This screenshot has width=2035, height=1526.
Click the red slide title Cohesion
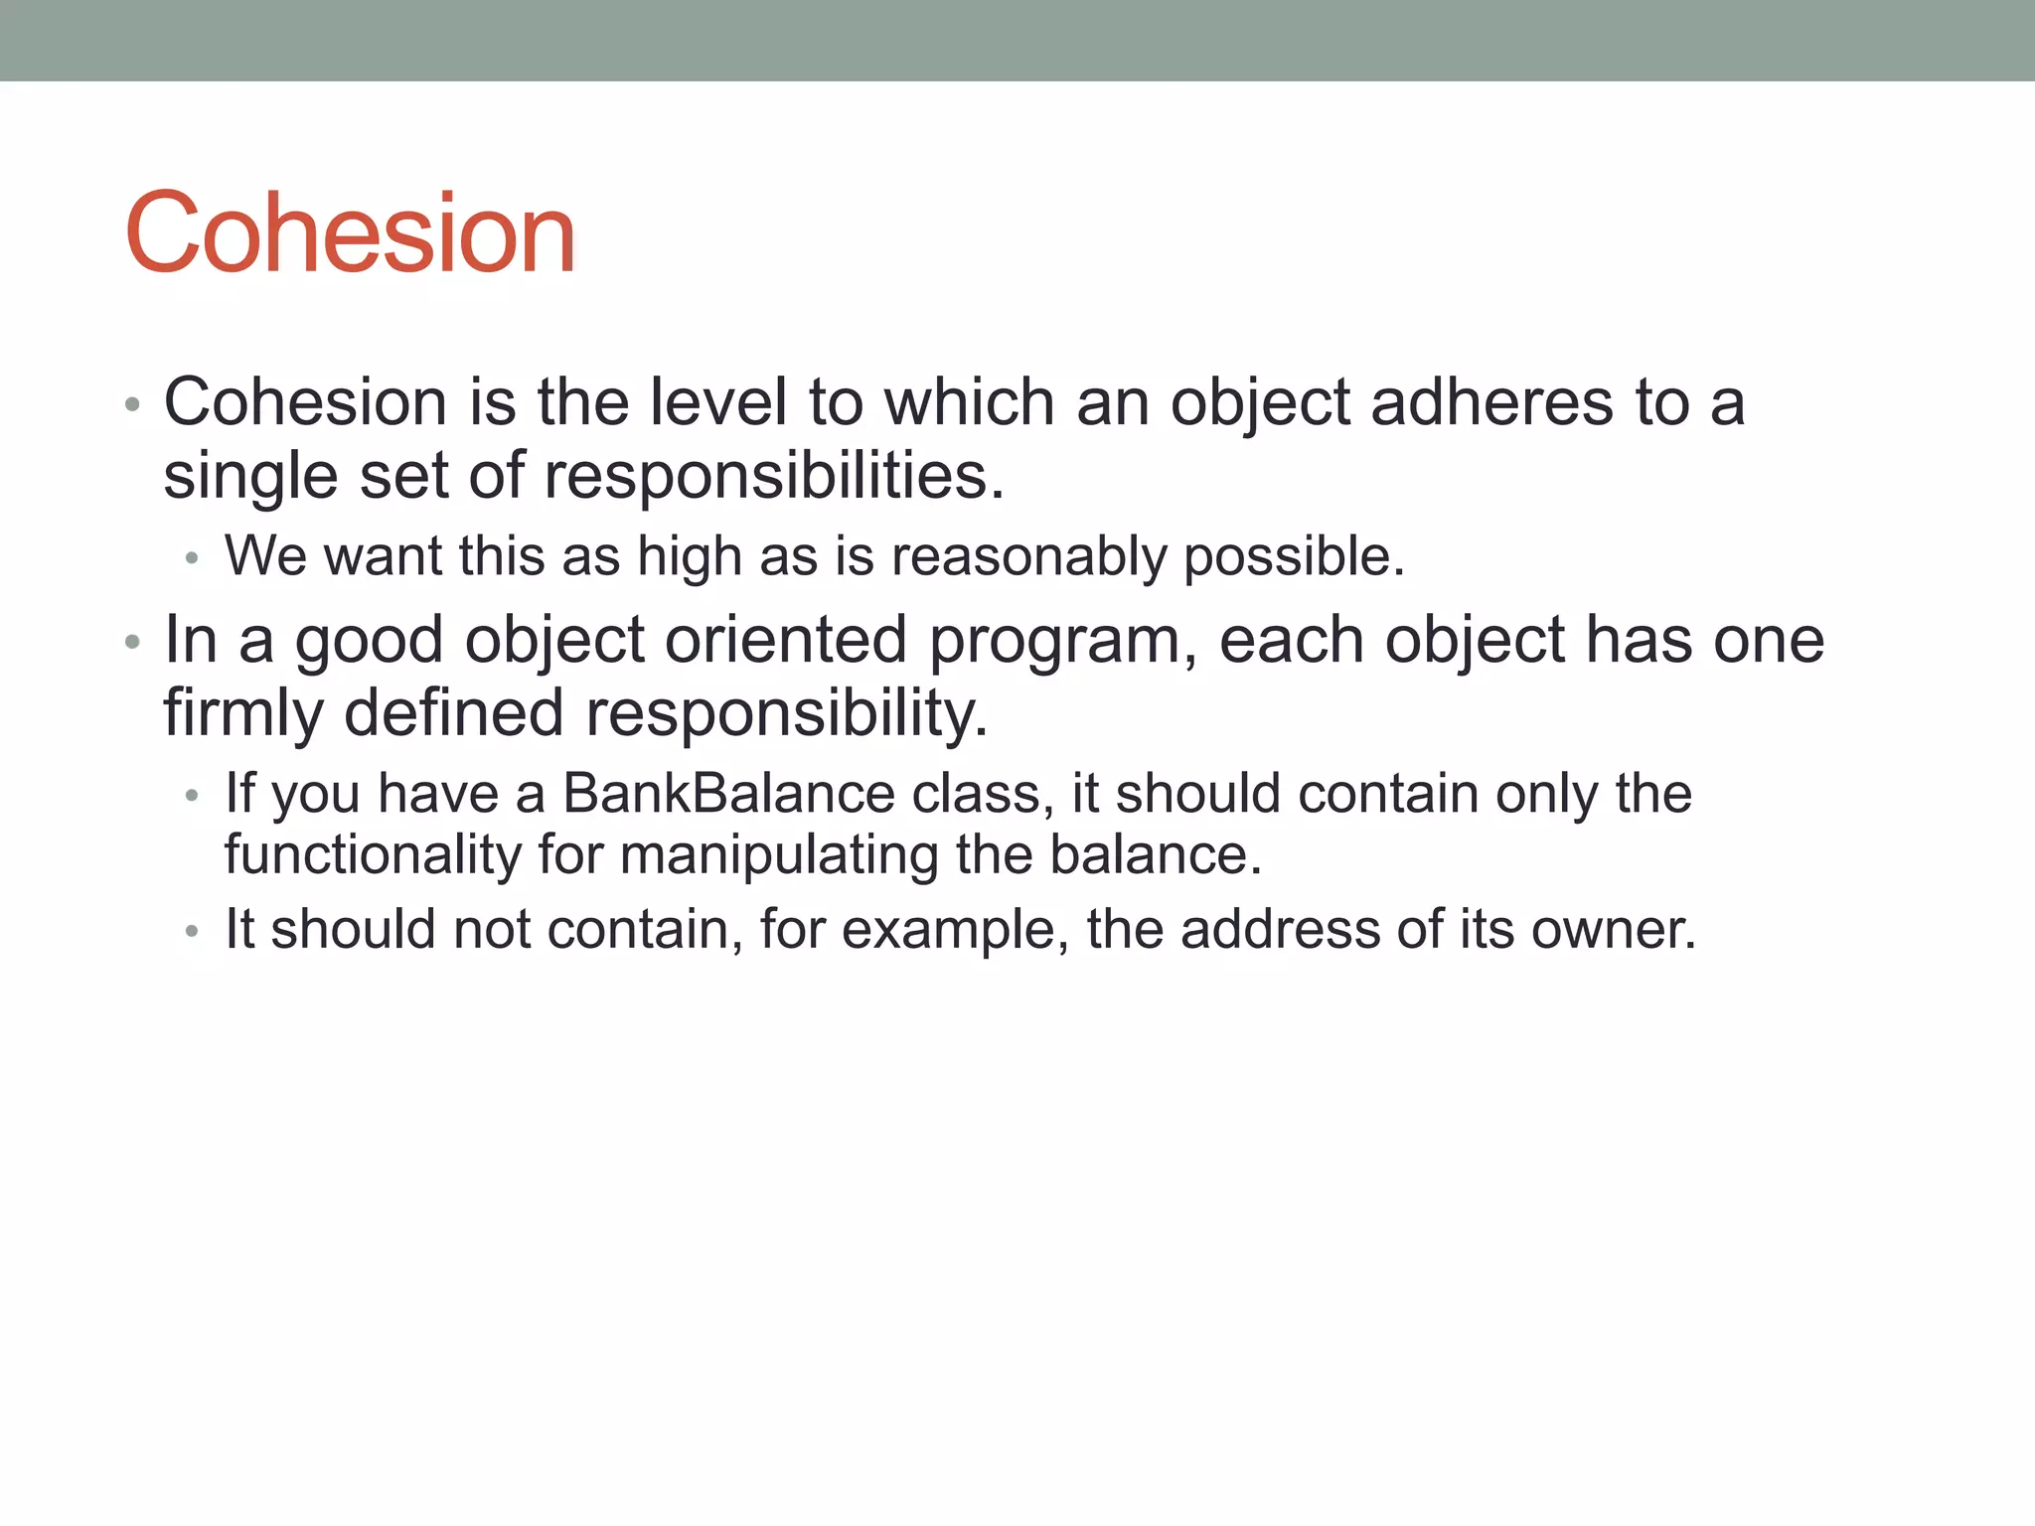pos(350,233)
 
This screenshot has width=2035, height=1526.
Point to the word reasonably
pos(1028,556)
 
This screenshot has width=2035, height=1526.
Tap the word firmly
pos(242,713)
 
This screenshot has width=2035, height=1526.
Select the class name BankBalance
pos(729,794)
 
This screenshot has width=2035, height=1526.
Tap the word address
pos(1280,930)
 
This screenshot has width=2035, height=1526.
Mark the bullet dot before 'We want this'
pos(192,558)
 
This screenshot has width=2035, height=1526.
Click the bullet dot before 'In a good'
pos(133,643)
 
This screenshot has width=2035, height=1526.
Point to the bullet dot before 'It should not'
pos(192,932)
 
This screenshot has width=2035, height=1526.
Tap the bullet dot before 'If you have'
pos(192,796)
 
